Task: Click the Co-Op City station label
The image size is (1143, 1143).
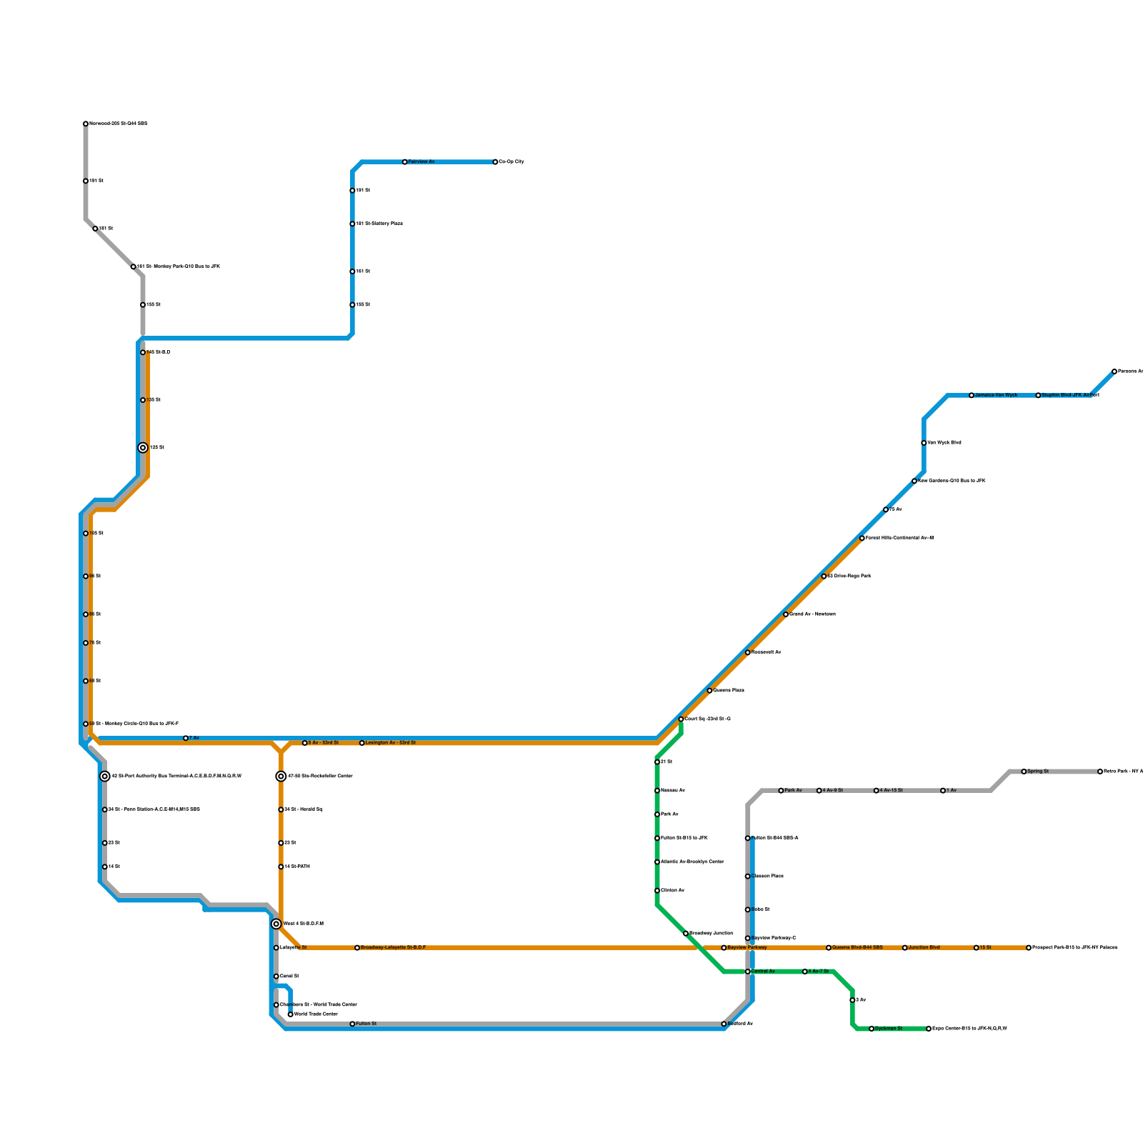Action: (x=511, y=162)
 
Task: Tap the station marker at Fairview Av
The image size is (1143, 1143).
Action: (x=405, y=162)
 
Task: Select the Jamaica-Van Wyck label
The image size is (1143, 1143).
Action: (x=996, y=395)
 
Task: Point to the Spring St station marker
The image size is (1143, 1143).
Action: (x=1024, y=772)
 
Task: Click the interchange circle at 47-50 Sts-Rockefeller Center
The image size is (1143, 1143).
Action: (x=281, y=777)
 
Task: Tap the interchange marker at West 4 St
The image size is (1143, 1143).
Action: (x=276, y=924)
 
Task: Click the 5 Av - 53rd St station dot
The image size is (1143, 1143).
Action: (x=305, y=743)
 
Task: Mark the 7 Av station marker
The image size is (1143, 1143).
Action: (x=186, y=738)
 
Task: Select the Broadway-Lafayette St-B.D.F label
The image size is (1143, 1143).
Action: (x=393, y=948)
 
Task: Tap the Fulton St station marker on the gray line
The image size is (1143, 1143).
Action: (x=352, y=1024)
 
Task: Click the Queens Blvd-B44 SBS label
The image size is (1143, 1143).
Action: (x=857, y=948)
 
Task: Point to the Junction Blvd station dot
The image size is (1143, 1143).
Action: (x=905, y=948)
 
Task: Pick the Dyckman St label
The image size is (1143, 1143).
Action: (x=889, y=1029)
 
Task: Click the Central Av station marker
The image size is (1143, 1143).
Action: (x=748, y=972)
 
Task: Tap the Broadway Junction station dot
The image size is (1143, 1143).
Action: (x=686, y=934)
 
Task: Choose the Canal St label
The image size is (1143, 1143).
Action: (x=289, y=977)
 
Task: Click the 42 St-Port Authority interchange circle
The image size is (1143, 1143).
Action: (x=105, y=777)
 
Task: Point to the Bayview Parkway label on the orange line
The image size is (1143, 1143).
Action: (x=747, y=948)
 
